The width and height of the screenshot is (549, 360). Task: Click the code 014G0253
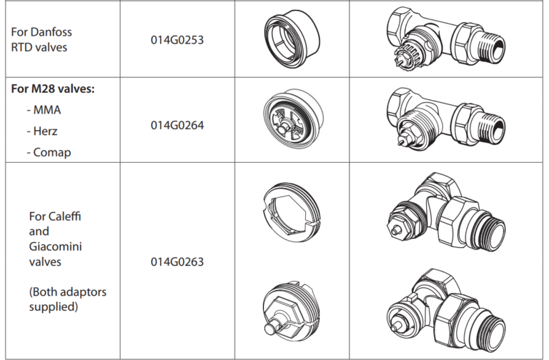pyautogui.click(x=177, y=40)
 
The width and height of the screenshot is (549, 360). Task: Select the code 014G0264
pyautogui.click(x=177, y=125)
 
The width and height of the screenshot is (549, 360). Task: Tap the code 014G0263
pyautogui.click(x=177, y=261)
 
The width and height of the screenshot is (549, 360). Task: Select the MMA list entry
pyautogui.click(x=46, y=111)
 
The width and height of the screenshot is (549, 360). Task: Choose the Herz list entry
pyautogui.click(x=45, y=131)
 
